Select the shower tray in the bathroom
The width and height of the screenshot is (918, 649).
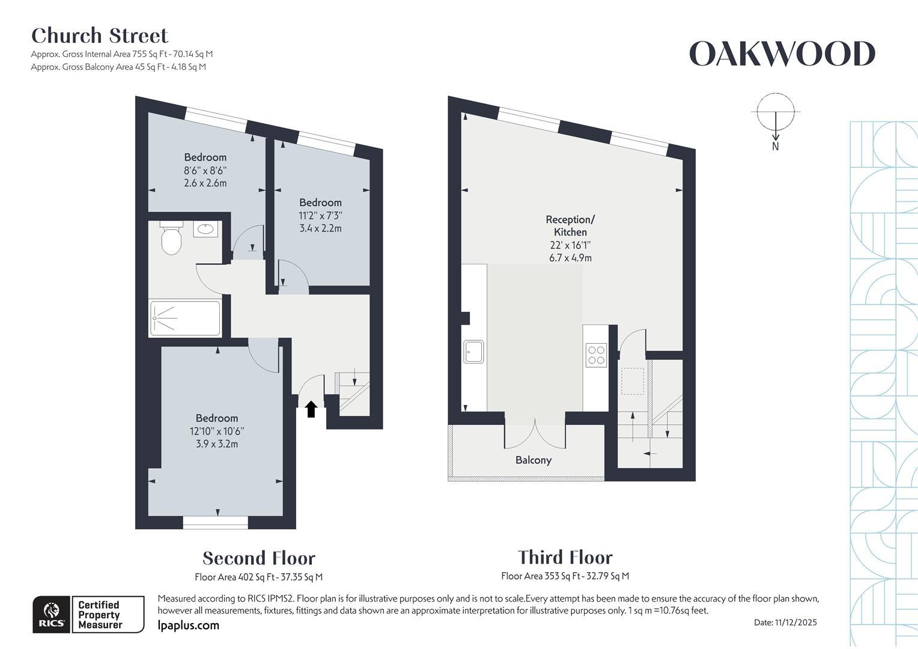coord(185,318)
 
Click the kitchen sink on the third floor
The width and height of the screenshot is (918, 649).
coord(473,352)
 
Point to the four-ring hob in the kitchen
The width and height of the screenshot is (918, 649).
coord(596,355)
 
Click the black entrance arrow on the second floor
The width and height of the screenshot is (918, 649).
coord(311,409)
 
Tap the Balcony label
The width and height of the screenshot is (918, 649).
coord(533,460)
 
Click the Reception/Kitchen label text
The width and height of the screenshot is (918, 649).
coord(570,226)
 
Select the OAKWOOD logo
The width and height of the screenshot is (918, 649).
coord(782,54)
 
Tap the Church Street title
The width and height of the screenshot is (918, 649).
coord(100,36)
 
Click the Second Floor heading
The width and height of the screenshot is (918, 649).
coord(259,558)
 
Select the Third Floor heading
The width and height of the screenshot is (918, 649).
coord(565,557)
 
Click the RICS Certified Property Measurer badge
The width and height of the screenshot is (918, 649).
coord(88,614)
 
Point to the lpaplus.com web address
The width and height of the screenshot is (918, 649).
coord(188,626)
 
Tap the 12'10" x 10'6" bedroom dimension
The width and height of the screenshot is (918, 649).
coord(217,431)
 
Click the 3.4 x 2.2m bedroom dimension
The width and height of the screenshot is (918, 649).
coord(320,228)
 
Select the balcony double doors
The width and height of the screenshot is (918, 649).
coord(535,434)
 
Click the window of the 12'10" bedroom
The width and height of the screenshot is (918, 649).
coord(215,522)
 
